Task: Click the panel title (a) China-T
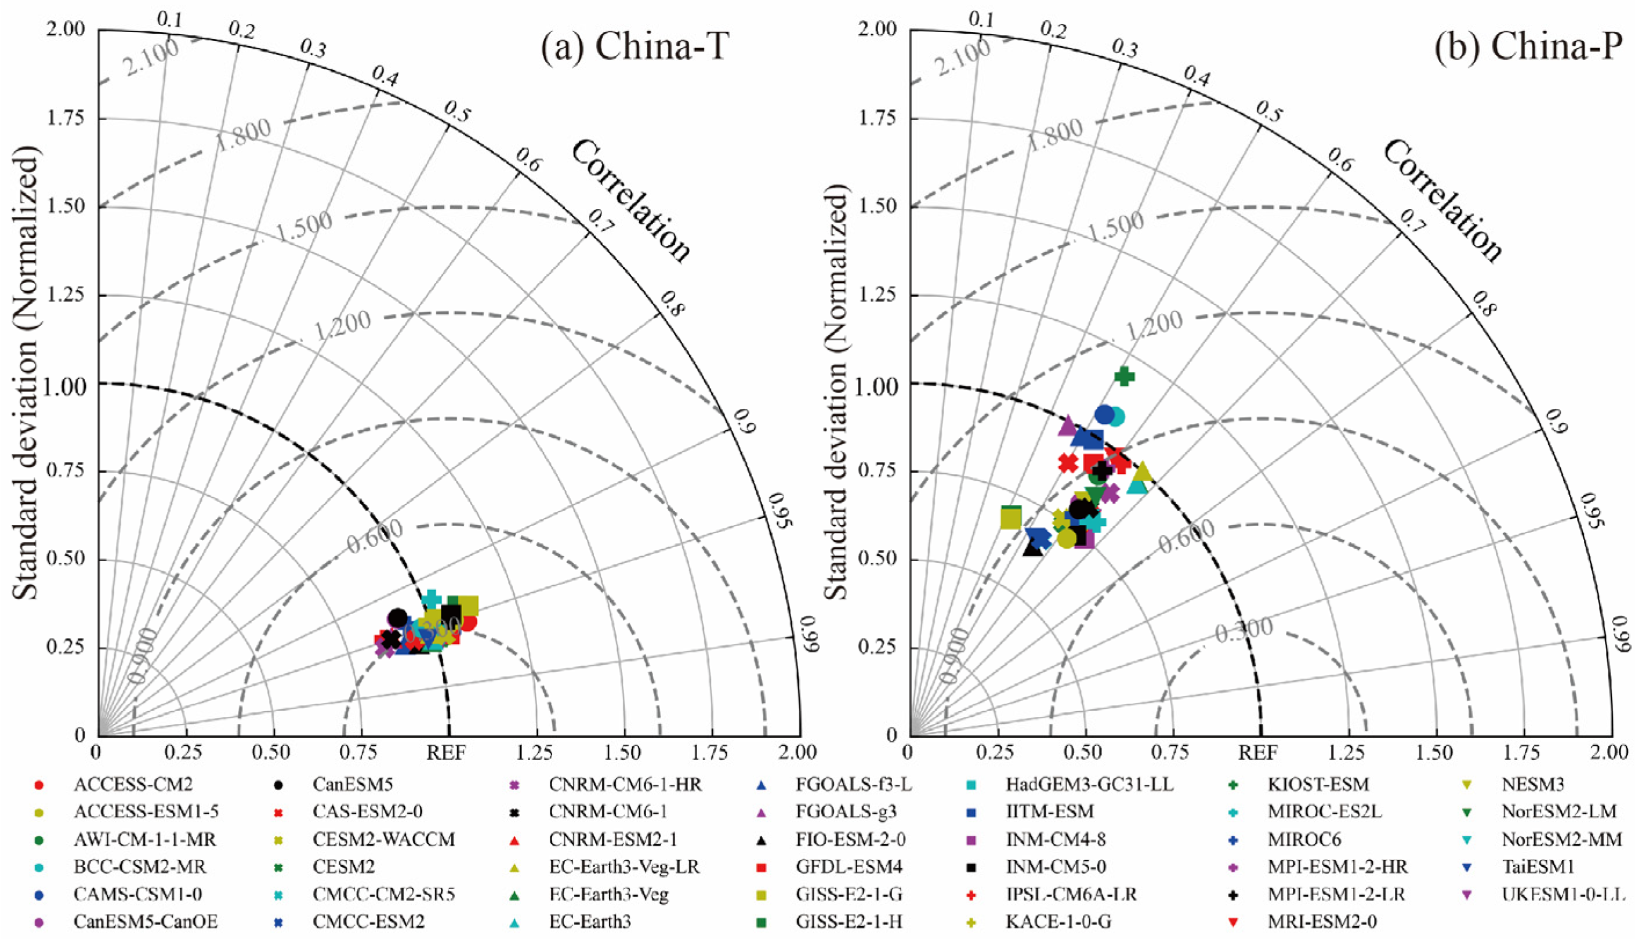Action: tap(635, 46)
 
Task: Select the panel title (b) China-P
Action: tap(1528, 46)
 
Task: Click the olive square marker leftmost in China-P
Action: tap(1011, 517)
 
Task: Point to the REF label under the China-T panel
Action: tap(446, 753)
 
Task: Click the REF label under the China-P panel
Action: tap(1258, 753)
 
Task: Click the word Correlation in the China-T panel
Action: tap(630, 201)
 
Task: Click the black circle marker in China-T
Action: tap(398, 617)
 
